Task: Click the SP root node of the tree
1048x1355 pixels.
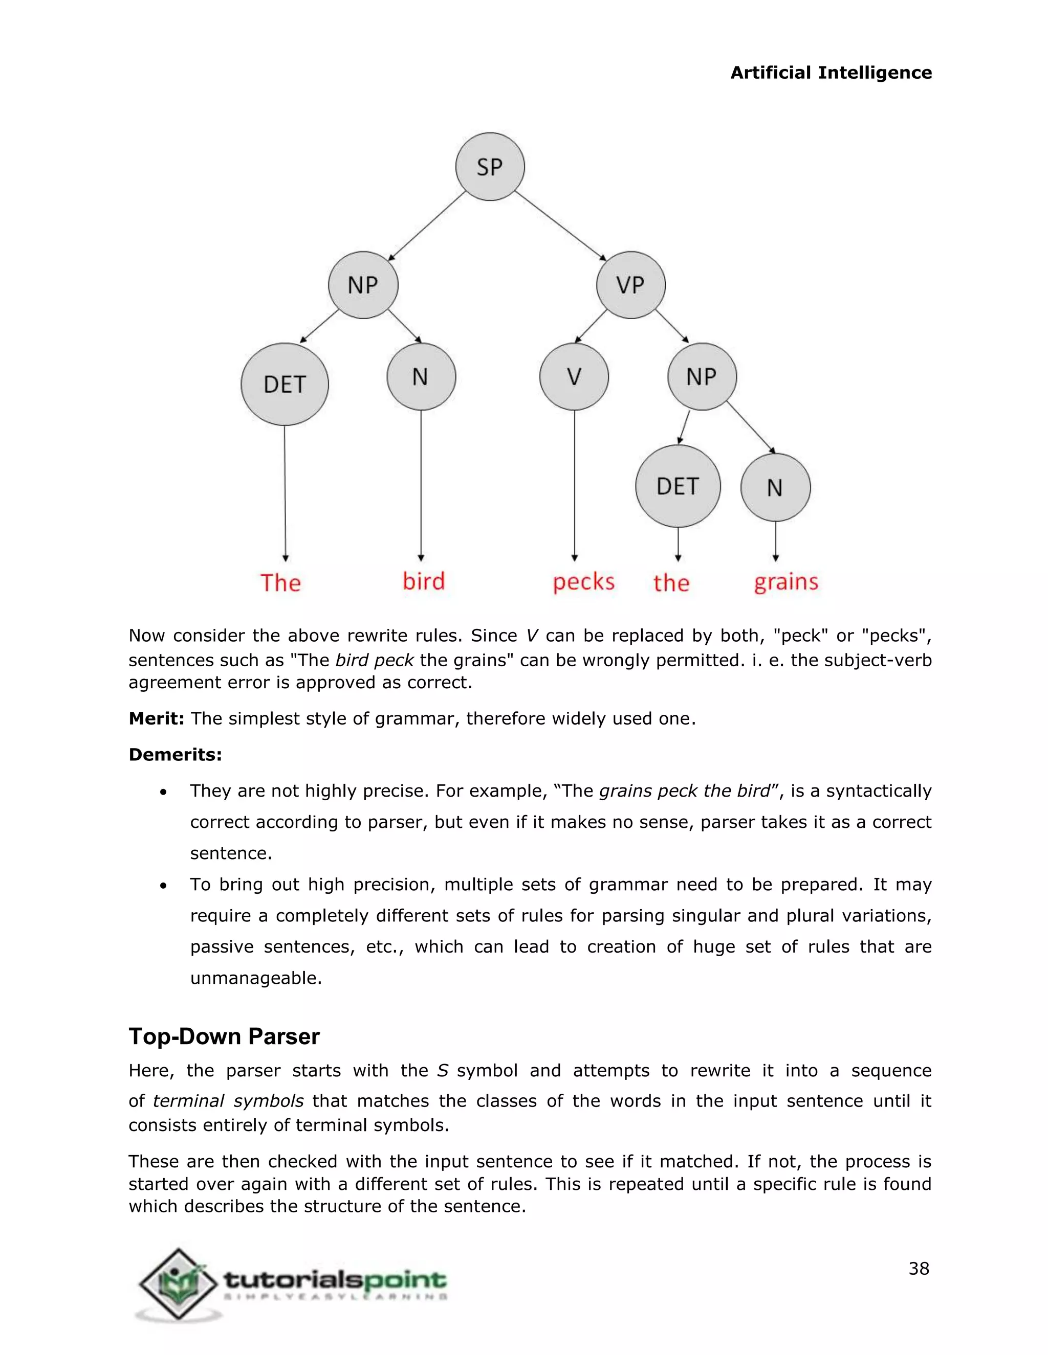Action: [x=490, y=166]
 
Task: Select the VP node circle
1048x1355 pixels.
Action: [x=631, y=285]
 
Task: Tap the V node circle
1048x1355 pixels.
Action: [x=574, y=377]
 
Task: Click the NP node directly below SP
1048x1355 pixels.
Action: [x=363, y=285]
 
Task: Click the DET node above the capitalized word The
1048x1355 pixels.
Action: [x=285, y=384]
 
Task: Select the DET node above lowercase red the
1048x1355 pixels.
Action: [x=678, y=486]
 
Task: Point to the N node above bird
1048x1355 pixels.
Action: [x=421, y=377]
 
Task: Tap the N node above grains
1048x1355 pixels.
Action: [x=775, y=488]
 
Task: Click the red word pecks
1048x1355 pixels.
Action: [x=583, y=582]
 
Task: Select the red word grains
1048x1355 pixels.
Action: [x=786, y=582]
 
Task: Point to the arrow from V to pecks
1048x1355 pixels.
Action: [x=574, y=484]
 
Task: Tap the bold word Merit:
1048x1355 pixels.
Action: [x=157, y=718]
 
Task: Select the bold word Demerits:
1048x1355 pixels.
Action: [x=175, y=754]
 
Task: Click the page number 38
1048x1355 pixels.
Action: [x=918, y=1269]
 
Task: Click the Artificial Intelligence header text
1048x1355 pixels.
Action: [x=831, y=73]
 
